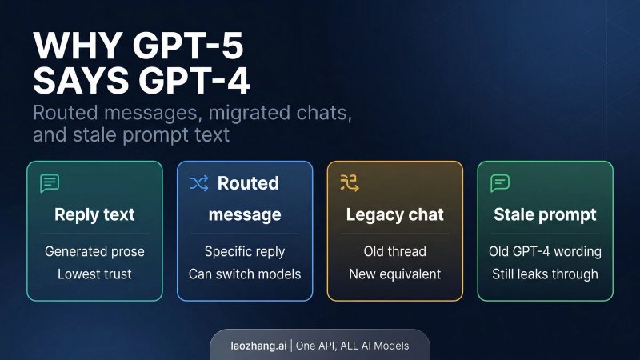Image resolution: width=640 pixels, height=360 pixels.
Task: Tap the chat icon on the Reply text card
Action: pos(50,183)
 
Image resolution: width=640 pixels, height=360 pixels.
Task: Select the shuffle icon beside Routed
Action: pos(199,184)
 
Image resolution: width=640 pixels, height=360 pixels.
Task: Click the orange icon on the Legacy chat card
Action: pos(349,183)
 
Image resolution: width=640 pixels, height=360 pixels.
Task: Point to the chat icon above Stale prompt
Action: pos(500,183)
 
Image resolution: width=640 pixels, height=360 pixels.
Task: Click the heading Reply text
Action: pos(94,214)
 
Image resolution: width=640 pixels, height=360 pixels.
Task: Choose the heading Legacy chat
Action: pos(394,214)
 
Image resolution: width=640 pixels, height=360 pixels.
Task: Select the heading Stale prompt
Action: pos(545,214)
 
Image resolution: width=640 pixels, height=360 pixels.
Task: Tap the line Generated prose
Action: pos(94,251)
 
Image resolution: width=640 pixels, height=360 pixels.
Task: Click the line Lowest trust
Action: pos(94,274)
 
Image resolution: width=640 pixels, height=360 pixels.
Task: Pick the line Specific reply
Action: pos(245,251)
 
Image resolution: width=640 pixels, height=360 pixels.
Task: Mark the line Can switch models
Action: pos(245,274)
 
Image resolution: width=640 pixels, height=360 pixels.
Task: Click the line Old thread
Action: pos(394,251)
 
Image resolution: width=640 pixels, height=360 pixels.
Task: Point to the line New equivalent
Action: pos(394,274)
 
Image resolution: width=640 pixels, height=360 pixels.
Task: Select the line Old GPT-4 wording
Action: pos(545,251)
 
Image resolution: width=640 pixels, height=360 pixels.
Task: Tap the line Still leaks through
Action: pos(545,274)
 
